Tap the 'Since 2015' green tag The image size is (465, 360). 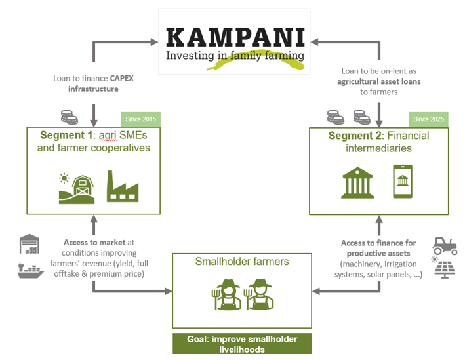(140, 119)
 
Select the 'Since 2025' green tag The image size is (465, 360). (429, 119)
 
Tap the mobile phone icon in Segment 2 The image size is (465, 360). (402, 182)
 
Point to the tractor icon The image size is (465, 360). (446, 246)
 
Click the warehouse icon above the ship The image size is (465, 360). (31, 245)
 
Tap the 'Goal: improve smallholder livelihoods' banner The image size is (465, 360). (241, 344)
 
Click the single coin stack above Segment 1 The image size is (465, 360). (68, 117)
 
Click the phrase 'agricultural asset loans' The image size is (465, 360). (378, 82)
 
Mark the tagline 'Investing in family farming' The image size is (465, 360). (234, 56)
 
